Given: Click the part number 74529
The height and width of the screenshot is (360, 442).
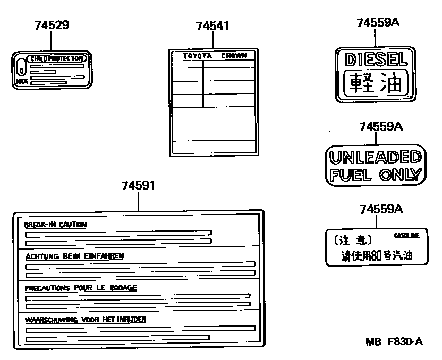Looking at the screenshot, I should (x=52, y=25).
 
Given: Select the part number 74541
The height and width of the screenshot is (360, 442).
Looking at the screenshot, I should (x=212, y=25).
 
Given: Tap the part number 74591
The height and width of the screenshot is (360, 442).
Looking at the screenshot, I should (x=138, y=186).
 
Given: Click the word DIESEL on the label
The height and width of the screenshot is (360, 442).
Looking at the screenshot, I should (x=376, y=59).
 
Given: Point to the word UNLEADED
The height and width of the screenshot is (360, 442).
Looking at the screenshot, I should (x=375, y=158).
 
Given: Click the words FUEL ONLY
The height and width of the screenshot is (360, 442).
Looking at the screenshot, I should (x=375, y=175).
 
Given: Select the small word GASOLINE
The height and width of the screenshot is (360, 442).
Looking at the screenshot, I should (x=406, y=235).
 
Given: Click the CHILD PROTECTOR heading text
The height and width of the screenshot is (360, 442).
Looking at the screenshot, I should (x=56, y=58).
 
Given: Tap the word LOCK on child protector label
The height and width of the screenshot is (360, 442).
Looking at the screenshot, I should (x=21, y=82).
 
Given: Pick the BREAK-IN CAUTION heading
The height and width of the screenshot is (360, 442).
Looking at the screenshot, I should (x=55, y=225).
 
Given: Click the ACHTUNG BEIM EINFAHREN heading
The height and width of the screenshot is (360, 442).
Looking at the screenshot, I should (x=74, y=256).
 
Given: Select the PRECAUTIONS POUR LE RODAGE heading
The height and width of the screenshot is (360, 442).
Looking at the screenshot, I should (x=81, y=288).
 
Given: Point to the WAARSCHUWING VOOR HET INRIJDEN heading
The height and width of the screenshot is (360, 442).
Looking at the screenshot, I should (x=86, y=320).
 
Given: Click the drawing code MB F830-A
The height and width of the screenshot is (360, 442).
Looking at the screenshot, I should (x=393, y=341).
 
